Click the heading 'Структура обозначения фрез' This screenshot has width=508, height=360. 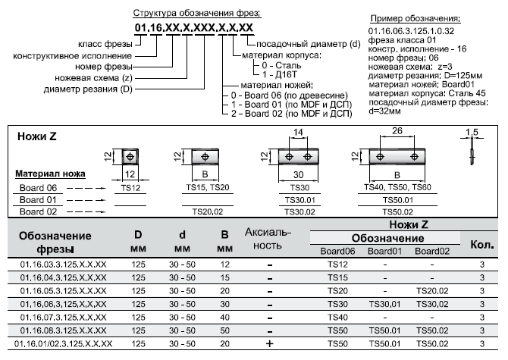(196, 14)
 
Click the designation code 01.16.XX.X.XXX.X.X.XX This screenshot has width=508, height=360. (194, 29)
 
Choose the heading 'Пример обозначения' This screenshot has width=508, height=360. (415, 17)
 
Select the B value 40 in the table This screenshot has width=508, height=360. (224, 317)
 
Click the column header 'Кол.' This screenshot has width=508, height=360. (482, 245)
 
